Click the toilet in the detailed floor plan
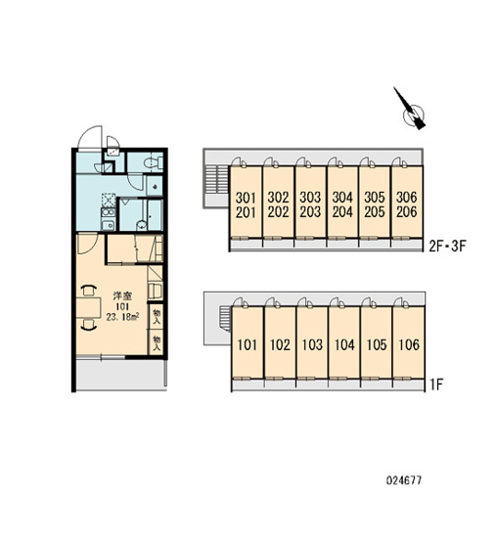pos(153,162)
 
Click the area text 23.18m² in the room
pos(123,317)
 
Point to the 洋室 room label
pos(122,296)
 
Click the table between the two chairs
pos(88,307)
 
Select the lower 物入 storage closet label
pos(158,342)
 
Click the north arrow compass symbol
pos(412,111)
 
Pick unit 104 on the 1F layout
pos(344,345)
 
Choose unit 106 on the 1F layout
pos(409,345)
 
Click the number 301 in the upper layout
pos(246,198)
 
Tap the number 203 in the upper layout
pos(310,212)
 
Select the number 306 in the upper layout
pos(407,198)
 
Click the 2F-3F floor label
pos(447,247)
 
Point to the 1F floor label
pos(436,385)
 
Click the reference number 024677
pos(404,480)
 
